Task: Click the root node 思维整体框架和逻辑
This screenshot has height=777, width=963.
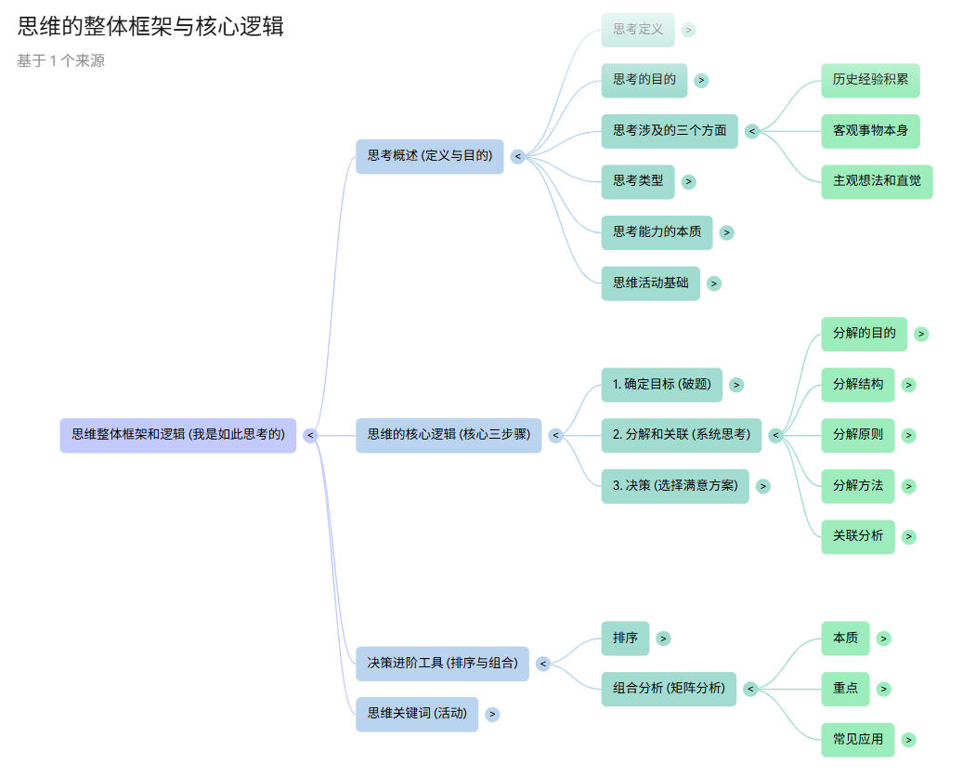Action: pos(178,435)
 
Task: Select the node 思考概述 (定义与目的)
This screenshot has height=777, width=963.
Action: pos(429,156)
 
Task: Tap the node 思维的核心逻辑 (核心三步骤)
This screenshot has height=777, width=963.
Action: pos(449,435)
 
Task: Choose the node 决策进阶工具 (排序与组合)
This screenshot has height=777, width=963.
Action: pos(442,664)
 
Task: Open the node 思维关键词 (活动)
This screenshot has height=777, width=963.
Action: pos(417,714)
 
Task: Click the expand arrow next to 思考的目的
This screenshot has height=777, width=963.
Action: pos(701,81)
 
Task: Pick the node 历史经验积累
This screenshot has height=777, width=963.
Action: pos(870,80)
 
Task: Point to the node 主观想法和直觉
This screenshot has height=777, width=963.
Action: pos(877,181)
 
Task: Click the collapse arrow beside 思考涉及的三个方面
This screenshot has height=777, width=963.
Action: pos(752,131)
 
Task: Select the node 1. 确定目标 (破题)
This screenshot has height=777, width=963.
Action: pos(662,384)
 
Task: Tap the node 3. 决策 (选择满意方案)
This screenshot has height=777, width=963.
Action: pos(675,485)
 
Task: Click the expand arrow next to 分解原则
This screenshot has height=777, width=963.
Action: pos(909,435)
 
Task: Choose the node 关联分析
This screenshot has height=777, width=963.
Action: pos(858,536)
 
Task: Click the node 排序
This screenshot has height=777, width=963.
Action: pos(625,639)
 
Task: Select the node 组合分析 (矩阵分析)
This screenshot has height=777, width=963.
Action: pos(669,689)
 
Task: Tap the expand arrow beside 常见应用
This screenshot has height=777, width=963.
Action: pos(909,740)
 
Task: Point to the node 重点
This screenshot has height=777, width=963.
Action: pos(845,689)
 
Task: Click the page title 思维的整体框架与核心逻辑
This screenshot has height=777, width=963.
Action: pos(150,27)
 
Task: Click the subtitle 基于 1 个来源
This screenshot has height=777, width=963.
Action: pos(60,61)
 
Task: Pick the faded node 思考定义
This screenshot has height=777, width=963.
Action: pos(638,30)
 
